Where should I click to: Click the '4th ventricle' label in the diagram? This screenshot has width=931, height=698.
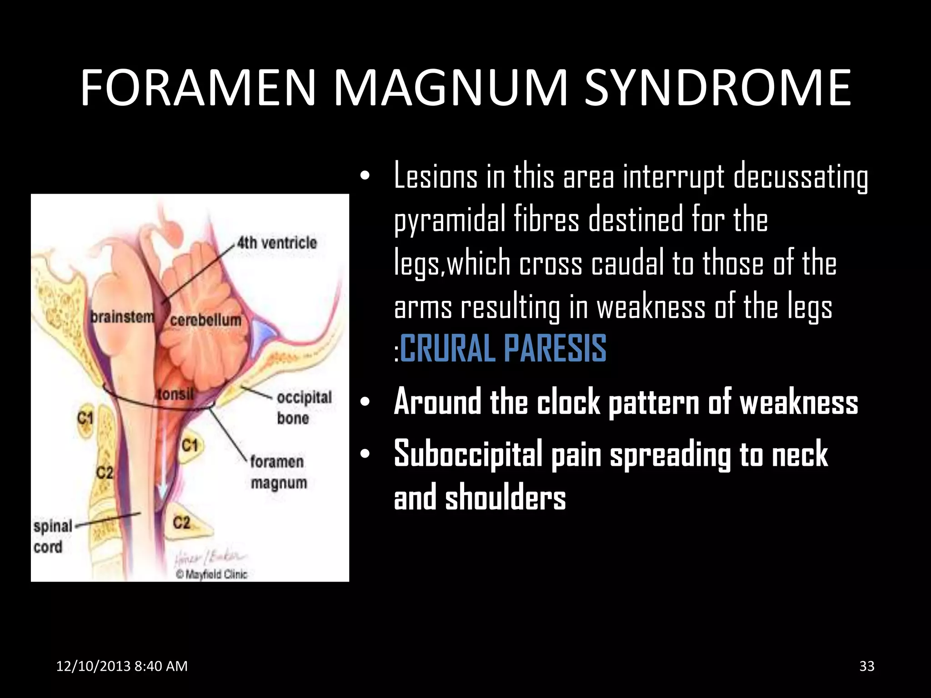click(276, 243)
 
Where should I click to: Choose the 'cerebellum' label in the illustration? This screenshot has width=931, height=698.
click(205, 320)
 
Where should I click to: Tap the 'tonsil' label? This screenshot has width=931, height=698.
click(175, 394)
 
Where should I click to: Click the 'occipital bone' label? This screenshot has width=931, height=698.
click(304, 407)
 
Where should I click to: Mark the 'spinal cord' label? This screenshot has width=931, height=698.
click(52, 536)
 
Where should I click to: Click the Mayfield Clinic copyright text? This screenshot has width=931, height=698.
click(211, 574)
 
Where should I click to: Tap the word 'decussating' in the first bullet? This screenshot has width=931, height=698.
click(801, 177)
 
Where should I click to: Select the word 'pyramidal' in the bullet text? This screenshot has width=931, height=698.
click(450, 220)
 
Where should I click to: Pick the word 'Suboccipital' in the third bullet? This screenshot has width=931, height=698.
click(468, 454)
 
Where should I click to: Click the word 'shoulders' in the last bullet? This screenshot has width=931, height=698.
click(506, 498)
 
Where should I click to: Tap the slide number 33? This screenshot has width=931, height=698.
click(867, 666)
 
